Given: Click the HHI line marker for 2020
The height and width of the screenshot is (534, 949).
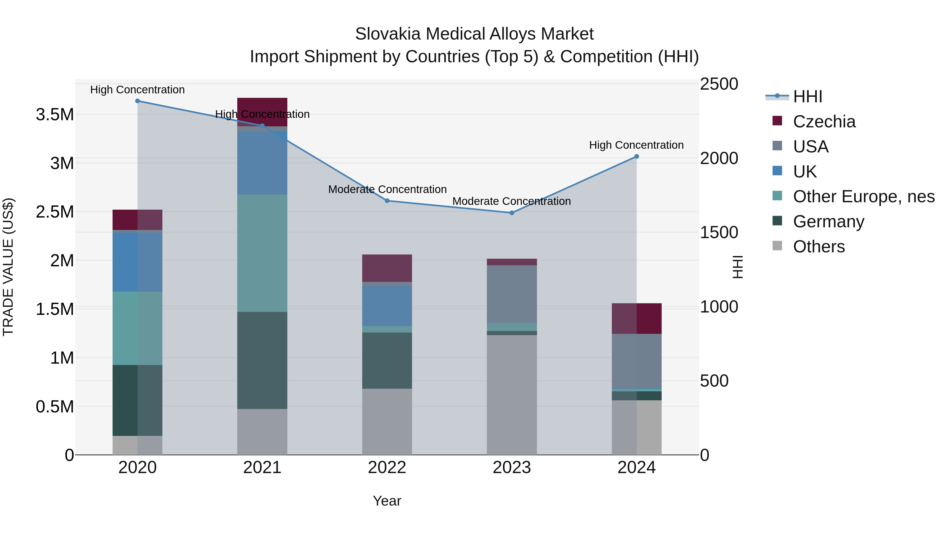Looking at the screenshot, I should [x=137, y=101].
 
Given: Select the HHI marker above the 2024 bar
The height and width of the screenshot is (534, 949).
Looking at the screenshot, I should [x=636, y=157].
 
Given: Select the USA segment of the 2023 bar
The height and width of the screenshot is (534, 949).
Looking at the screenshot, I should [x=512, y=294].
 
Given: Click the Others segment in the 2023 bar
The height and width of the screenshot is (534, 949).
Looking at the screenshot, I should [x=512, y=394].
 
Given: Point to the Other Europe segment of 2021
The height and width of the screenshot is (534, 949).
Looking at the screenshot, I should [x=262, y=253].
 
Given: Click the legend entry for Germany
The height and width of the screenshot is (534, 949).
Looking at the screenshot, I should [x=828, y=222].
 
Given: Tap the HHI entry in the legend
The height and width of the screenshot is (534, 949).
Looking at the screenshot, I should [x=807, y=97].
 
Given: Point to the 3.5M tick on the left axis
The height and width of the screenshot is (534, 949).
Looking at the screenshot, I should [x=55, y=115].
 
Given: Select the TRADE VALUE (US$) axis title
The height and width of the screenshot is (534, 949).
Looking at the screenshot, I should [x=8, y=267].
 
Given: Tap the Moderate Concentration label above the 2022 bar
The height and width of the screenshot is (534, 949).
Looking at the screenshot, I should [x=387, y=189].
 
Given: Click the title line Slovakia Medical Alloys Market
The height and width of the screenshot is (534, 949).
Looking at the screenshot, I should [x=474, y=34].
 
